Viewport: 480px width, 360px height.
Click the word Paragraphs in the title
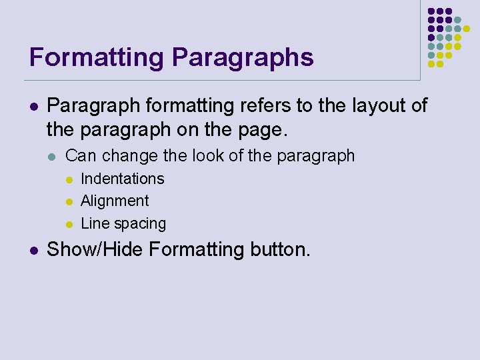(x=243, y=57)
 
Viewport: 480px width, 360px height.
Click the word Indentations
(x=122, y=179)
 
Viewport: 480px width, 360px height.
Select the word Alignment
(x=115, y=201)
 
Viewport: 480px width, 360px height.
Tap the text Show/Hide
(x=95, y=250)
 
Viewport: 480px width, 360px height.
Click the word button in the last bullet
(x=280, y=250)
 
